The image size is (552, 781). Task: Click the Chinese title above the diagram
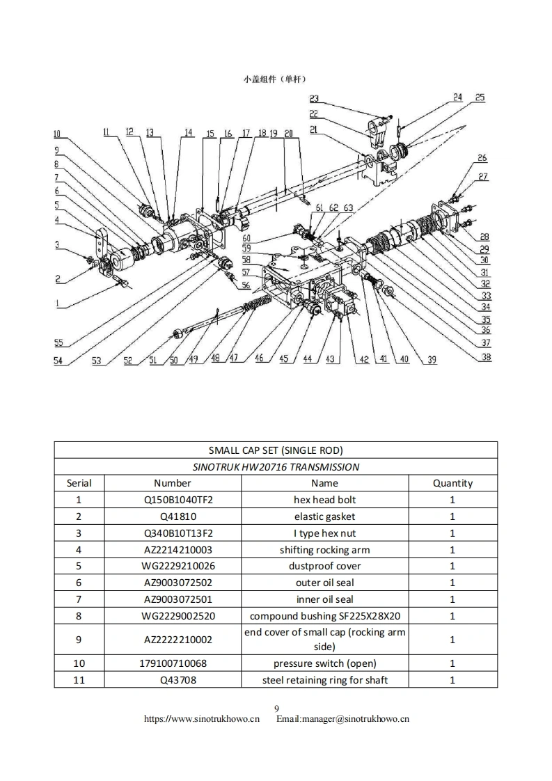[275, 79]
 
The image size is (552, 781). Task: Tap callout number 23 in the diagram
[314, 99]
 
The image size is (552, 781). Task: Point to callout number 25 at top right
[480, 97]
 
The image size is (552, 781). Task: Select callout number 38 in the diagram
[486, 357]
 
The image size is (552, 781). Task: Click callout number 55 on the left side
[59, 342]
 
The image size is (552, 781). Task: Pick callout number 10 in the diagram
[57, 134]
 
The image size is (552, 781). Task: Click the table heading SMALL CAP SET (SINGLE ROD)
[276, 450]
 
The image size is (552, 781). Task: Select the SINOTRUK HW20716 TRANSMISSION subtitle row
[276, 466]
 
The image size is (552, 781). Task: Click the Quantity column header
[452, 483]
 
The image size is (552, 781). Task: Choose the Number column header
[173, 483]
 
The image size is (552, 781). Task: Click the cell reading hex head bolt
[324, 500]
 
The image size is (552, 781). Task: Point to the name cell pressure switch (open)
[324, 663]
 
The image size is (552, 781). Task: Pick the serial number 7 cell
[79, 599]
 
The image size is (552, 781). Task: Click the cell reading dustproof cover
[324, 566]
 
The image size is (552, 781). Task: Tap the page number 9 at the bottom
[276, 709]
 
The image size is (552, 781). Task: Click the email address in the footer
[342, 718]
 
